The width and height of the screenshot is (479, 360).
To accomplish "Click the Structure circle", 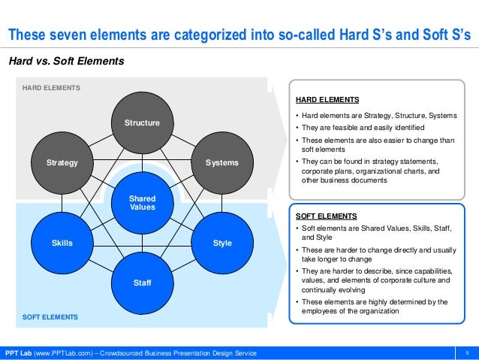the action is pyautogui.click(x=142, y=122).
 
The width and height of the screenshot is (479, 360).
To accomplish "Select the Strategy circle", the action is pyautogui.click(x=62, y=162).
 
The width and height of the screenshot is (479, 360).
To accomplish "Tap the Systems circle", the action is pyautogui.click(x=221, y=162).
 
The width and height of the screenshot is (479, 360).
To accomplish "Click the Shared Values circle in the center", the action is pyautogui.click(x=142, y=203).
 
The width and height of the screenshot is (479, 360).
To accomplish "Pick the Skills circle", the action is pyautogui.click(x=62, y=243).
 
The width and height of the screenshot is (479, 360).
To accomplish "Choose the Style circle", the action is pyautogui.click(x=222, y=243).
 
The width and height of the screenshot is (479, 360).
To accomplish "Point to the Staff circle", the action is pyautogui.click(x=142, y=283).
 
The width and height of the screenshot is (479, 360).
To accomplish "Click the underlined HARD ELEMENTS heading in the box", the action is pyautogui.click(x=327, y=99).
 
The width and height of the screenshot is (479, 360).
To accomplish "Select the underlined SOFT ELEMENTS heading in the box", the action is pyautogui.click(x=326, y=215).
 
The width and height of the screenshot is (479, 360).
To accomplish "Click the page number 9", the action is pyautogui.click(x=467, y=353).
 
